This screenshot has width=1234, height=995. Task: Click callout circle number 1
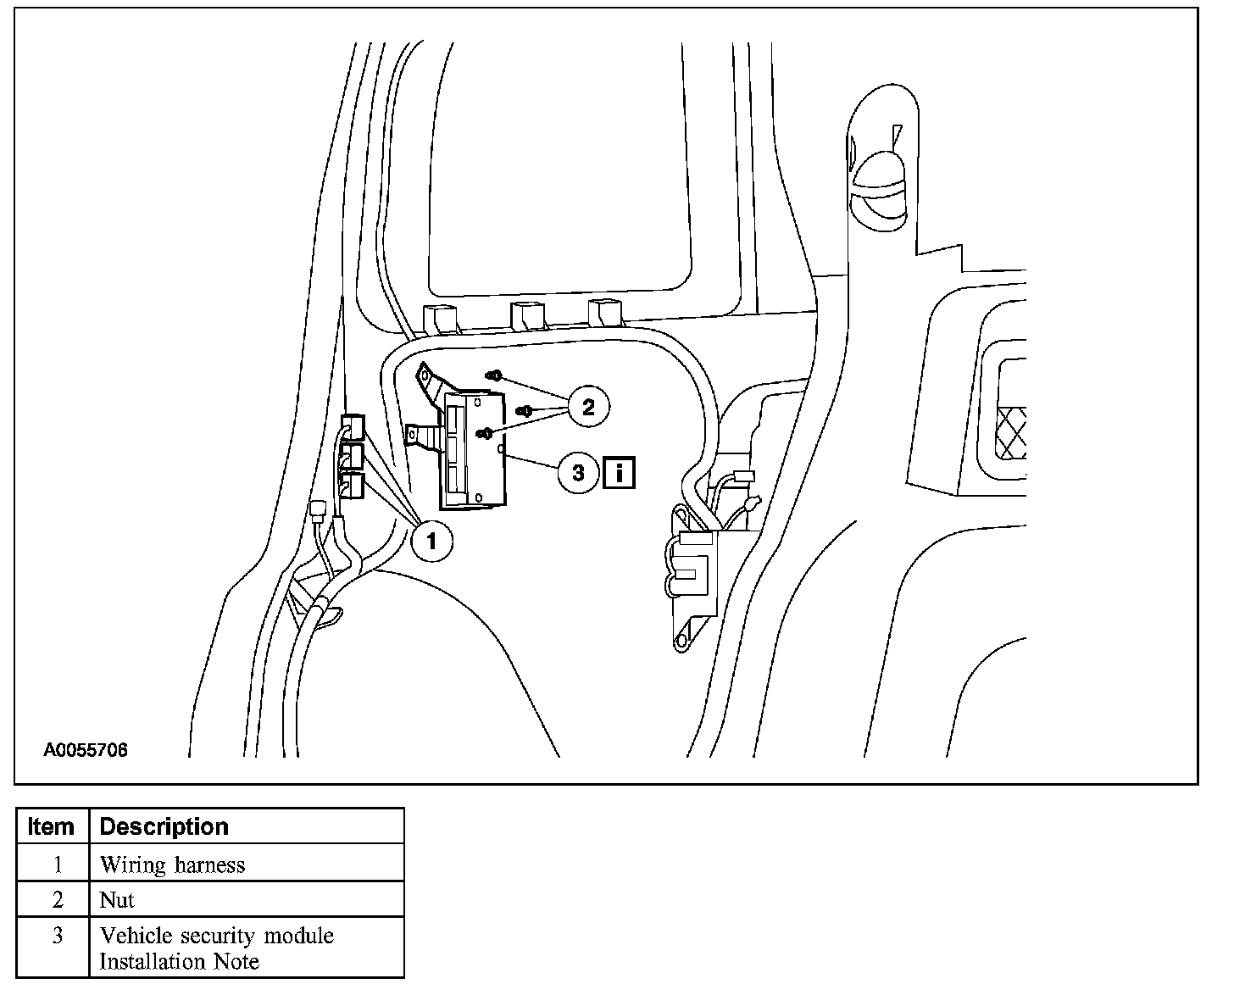(x=431, y=538)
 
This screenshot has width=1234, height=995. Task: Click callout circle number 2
(x=588, y=407)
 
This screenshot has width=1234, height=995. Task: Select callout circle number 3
(x=578, y=472)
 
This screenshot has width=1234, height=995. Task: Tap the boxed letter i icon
(x=620, y=472)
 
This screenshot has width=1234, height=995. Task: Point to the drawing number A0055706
(x=86, y=750)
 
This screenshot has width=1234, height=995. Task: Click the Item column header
(x=52, y=826)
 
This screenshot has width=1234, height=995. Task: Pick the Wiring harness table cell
(x=172, y=865)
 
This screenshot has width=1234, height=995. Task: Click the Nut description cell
(x=117, y=900)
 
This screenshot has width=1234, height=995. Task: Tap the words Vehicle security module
(x=217, y=936)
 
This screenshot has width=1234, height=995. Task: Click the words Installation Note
(x=180, y=962)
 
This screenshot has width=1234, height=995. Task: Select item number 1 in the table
(x=57, y=865)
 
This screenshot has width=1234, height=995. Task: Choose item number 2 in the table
(x=57, y=900)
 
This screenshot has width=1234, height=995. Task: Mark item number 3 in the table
(x=57, y=937)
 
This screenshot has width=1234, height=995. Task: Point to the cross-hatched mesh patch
(x=1012, y=431)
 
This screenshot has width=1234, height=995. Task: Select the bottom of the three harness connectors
(x=352, y=486)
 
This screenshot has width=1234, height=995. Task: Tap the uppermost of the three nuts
(x=496, y=374)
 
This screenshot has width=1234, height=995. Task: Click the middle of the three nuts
(x=525, y=410)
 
